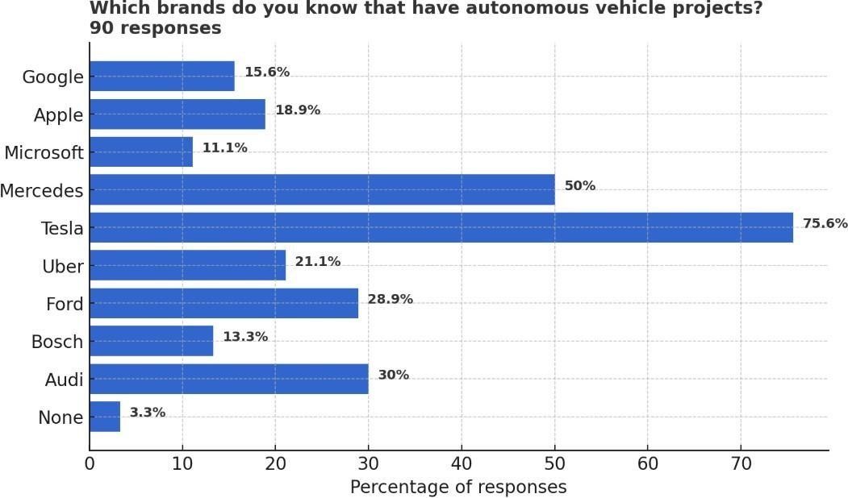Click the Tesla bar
coord(441,228)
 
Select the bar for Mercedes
coord(322,190)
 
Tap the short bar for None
coord(105,417)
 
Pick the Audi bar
coord(228,380)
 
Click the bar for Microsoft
coord(141,152)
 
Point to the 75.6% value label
coord(825,224)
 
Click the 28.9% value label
coord(390,300)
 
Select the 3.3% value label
coord(147,413)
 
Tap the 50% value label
coord(579,186)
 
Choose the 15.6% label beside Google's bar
coord(266,73)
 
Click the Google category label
coord(52,77)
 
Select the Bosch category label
coord(56,342)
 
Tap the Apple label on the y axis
coord(58,115)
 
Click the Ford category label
coord(64,304)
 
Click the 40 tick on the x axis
coord(462,463)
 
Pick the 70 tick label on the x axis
coord(741,463)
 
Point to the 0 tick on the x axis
coord(90,463)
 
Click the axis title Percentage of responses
coord(457,488)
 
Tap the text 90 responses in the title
coord(155,28)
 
